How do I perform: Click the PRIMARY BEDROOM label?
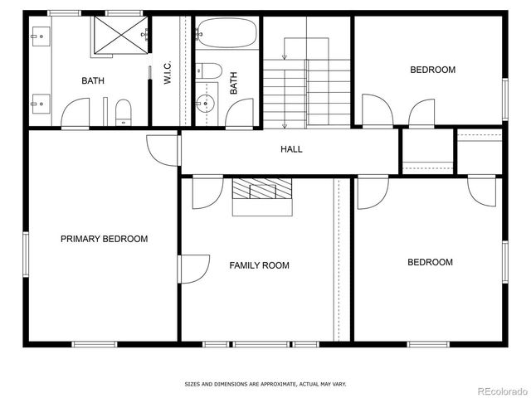[x=104, y=239]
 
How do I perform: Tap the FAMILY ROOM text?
[x=259, y=265]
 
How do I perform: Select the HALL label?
[x=291, y=149]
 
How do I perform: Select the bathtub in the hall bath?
[x=227, y=34]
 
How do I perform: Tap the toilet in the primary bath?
[x=124, y=110]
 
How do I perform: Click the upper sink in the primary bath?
[x=38, y=35]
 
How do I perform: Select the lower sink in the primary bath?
[x=38, y=104]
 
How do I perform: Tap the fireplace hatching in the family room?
[x=261, y=190]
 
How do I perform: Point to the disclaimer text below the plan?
[x=265, y=384]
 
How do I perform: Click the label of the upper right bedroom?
[x=432, y=70]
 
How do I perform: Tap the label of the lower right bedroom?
[x=430, y=262]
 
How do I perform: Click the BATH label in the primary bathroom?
[x=93, y=80]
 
